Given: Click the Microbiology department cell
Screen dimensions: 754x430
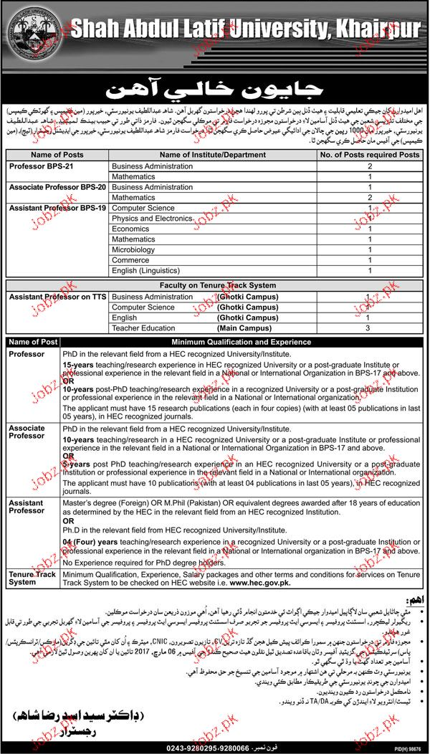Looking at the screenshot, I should tap(133, 250).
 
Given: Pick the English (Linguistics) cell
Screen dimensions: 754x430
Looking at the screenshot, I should tap(146, 272).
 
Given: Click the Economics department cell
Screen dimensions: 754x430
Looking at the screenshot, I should tap(131, 229).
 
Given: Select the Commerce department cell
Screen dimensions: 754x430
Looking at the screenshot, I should tap(130, 261).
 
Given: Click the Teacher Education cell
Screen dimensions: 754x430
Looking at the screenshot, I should tap(145, 328).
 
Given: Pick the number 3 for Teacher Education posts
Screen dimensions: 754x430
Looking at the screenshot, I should tap(368, 328).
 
